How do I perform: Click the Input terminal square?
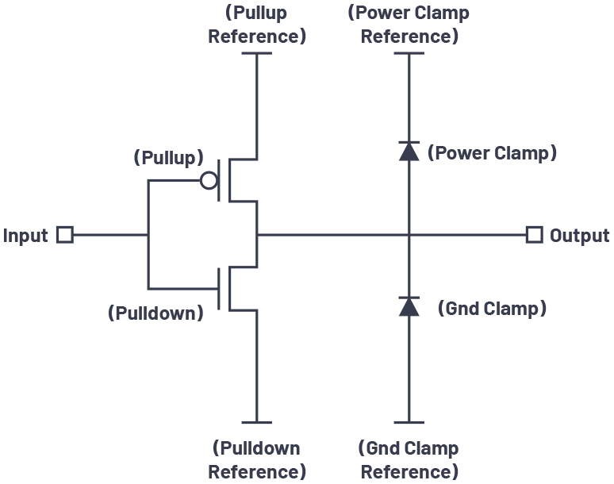pos(65,235)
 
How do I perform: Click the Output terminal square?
pos(535,235)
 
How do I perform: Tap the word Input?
pos(25,236)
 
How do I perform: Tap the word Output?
pos(579,236)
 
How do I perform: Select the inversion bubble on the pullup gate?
pos(209,181)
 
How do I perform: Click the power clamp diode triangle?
pos(409,152)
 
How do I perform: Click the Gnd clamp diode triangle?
pos(409,306)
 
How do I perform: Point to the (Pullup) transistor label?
pos(168,157)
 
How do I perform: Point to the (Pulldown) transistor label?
pos(155,313)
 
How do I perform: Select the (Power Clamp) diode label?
pos(492,153)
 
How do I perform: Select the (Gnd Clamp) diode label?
pos(492,308)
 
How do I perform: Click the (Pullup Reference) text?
pos(256,25)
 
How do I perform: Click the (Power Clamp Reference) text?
pos(409,25)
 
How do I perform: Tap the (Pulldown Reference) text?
pos(256,459)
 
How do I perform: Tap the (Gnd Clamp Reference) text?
pos(409,459)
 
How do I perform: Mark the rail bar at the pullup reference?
pos(256,53)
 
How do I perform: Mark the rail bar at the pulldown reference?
pos(256,423)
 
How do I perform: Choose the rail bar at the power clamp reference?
pos(409,53)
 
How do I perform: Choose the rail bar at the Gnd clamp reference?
pos(409,423)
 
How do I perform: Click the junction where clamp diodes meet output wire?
pos(409,235)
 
